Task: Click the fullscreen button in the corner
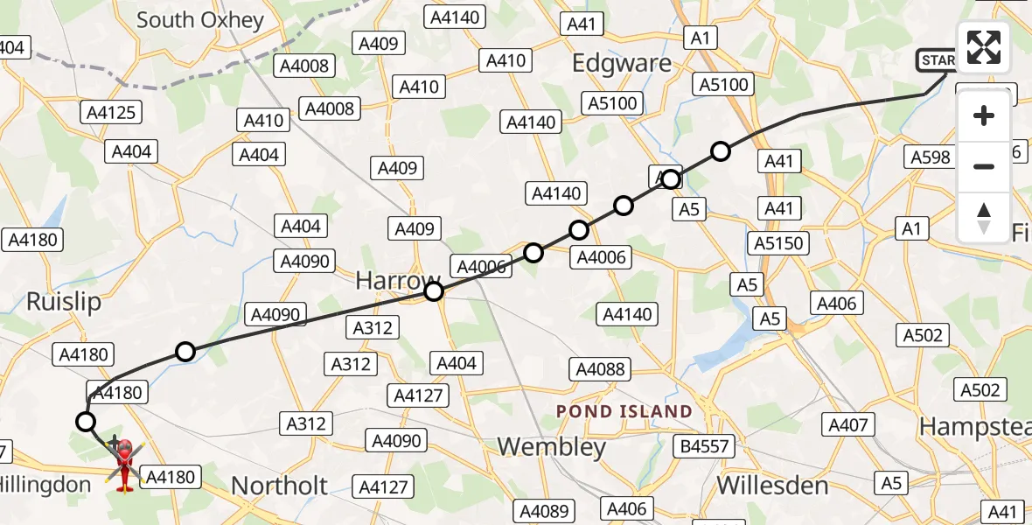(x=984, y=46)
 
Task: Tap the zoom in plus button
(x=984, y=115)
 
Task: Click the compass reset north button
(x=984, y=218)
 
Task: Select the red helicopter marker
(x=124, y=464)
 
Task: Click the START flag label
(x=937, y=60)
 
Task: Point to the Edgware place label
(x=621, y=63)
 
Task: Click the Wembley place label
(x=551, y=447)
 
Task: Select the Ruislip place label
(x=64, y=302)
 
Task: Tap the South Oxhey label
(x=200, y=19)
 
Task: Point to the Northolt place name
(x=280, y=486)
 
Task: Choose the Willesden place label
(x=771, y=486)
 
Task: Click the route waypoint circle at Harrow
(x=434, y=291)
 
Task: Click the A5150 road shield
(x=778, y=243)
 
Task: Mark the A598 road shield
(x=931, y=157)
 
